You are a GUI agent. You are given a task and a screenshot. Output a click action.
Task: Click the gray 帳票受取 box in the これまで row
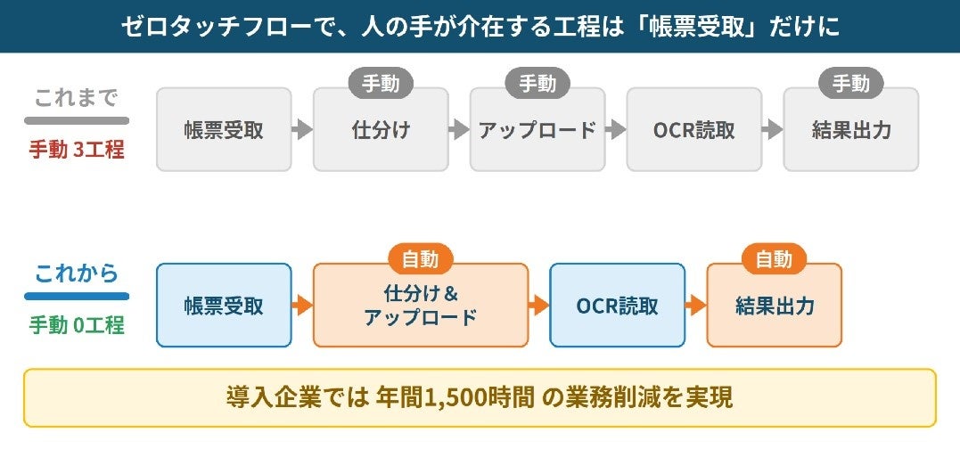(224, 129)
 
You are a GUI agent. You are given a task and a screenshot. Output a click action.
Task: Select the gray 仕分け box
(381, 129)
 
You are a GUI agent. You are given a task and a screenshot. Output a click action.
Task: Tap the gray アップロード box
(537, 129)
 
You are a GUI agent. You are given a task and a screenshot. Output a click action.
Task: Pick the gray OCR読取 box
(694, 129)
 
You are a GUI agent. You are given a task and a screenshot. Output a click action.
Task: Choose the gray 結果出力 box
(851, 129)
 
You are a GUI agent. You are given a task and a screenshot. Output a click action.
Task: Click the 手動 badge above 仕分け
(381, 83)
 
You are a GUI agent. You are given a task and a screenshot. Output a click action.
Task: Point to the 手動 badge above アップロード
(537, 83)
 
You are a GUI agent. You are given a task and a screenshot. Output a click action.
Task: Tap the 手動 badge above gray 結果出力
(851, 83)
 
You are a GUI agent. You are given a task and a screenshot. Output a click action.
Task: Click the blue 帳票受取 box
(224, 306)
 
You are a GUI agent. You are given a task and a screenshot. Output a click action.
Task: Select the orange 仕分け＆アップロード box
(421, 306)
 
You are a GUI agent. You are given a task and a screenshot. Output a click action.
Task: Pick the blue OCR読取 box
(617, 306)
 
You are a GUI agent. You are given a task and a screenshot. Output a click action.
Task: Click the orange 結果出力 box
(775, 306)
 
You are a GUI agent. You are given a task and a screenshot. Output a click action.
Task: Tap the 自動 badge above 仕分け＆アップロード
(421, 258)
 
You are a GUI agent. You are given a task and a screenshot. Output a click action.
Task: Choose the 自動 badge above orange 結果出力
(775, 258)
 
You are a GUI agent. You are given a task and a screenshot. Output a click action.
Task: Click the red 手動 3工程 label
(77, 150)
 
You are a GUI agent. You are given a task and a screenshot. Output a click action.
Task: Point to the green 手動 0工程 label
(77, 325)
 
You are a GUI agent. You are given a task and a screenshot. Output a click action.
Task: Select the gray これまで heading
(77, 98)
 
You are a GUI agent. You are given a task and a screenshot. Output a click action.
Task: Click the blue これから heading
(77, 273)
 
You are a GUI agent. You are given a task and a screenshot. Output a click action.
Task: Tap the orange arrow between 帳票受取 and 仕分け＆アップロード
(302, 306)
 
